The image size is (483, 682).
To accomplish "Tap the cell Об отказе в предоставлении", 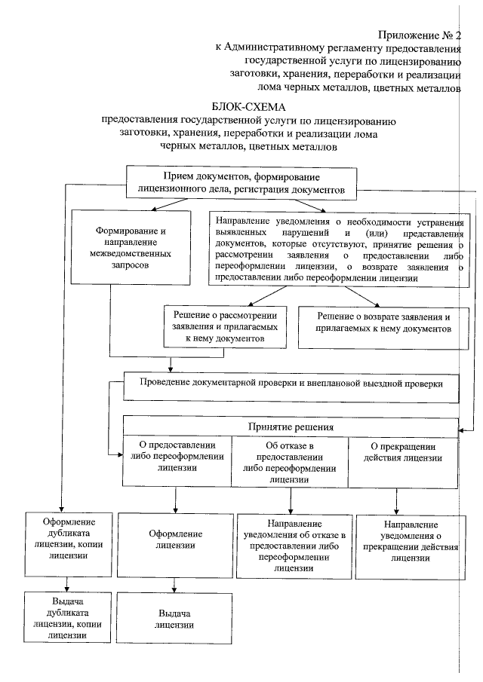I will (291, 461).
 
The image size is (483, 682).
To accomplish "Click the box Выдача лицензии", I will (175, 618).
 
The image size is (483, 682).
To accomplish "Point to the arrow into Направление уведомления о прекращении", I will (396, 500).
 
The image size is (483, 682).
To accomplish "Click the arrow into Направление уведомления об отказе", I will (291, 500).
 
